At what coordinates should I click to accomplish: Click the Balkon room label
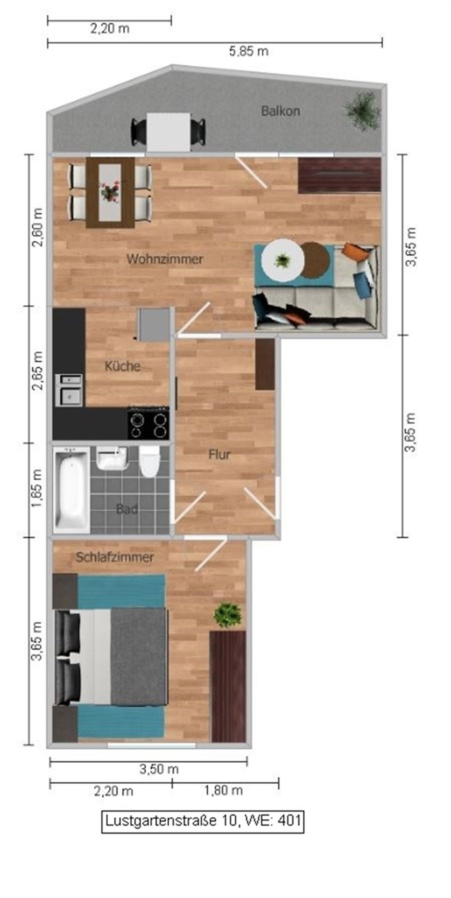(280, 111)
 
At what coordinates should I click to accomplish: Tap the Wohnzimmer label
(165, 259)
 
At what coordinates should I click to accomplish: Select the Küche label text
(122, 366)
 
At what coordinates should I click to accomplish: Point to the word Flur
(220, 455)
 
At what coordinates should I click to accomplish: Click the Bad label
(127, 509)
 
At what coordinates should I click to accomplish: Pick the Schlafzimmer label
(115, 557)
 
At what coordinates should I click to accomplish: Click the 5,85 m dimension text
(249, 52)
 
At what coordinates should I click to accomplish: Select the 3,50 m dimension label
(159, 769)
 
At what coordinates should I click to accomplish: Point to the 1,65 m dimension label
(37, 488)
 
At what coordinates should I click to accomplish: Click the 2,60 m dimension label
(37, 228)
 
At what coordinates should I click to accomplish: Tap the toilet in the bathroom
(149, 462)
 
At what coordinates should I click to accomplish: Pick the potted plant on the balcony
(362, 110)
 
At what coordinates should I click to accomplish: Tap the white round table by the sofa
(282, 260)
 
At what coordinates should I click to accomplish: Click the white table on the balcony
(169, 132)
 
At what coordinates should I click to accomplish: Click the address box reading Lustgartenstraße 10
(203, 821)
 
